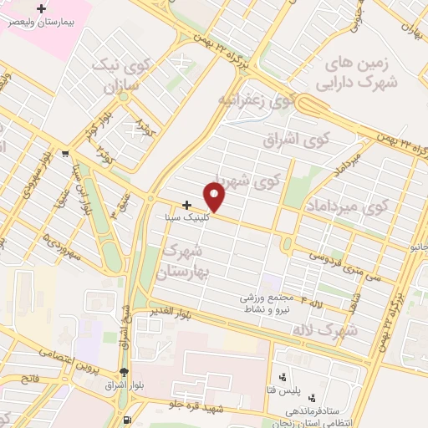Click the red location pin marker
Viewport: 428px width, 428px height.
tap(215, 196)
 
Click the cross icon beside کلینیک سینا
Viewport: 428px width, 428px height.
tap(186, 203)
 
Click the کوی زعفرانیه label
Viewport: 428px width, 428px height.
tap(257, 100)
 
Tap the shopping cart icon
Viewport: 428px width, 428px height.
tap(65, 153)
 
